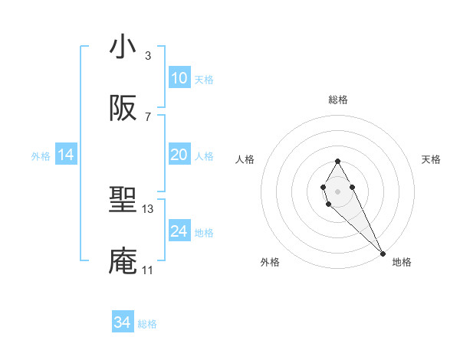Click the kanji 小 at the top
123,47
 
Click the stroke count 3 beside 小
148,55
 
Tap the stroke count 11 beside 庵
148,270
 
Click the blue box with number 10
179,78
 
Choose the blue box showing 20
179,155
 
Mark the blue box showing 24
179,231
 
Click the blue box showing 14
66,155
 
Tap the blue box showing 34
123,323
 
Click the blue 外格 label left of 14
41,156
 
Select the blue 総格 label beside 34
147,324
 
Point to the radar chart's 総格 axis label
337,100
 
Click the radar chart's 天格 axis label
432,159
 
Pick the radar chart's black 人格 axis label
245,159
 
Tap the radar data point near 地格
383,253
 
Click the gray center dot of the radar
337,190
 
